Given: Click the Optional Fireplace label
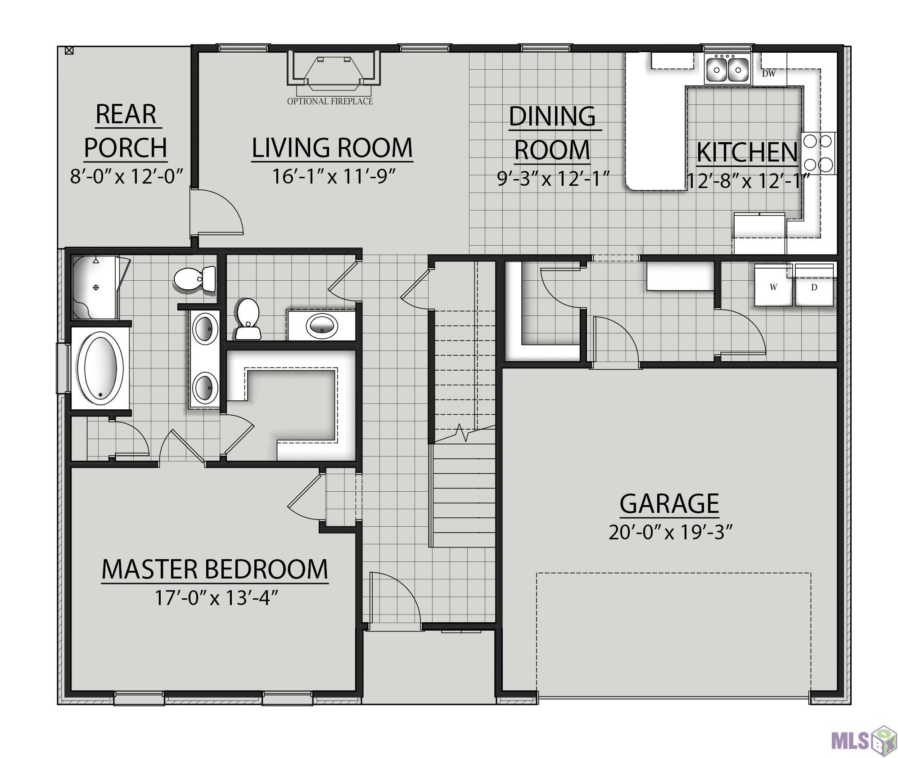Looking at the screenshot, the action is [330, 101].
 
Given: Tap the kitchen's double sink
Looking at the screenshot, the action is [727, 69].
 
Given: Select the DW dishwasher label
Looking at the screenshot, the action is [768, 74].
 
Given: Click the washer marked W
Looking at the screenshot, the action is [773, 286].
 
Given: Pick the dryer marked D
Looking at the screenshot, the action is [814, 286].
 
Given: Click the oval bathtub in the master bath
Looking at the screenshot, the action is [100, 368].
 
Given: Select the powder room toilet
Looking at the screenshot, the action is [248, 319].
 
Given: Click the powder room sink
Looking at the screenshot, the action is [321, 324].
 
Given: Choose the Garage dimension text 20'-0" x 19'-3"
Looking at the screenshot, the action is [670, 533].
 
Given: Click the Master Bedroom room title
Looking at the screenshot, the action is [215, 570].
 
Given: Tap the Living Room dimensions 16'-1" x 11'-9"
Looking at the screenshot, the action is [333, 176].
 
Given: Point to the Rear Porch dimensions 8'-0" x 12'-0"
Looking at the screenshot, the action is [126, 176].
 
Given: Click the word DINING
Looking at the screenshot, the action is [552, 117].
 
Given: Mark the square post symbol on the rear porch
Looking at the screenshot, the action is [69, 50].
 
